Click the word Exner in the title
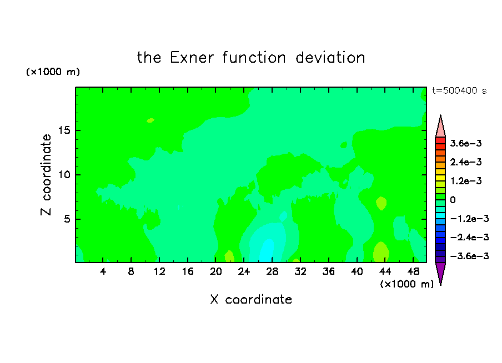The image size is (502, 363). pos(192,58)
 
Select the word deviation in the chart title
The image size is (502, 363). pos(330,58)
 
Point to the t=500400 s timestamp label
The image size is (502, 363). pos(459,90)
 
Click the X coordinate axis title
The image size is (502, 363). pos(251,299)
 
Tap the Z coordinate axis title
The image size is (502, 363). pos(46,175)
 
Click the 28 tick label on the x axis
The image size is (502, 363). pos(272,271)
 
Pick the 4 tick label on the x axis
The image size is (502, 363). pos(103,271)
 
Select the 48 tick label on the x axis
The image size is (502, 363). pos(413,271)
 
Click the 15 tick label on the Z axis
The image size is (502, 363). pos(64,130)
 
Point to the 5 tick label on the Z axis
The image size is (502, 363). pos(67,219)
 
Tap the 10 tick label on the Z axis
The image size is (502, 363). pos(64,175)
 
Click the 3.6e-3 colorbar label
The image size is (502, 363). pos(466,143)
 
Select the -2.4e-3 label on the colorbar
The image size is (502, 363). pos(469,237)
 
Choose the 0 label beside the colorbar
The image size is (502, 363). pos(453,200)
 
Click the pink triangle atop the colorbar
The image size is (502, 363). pos(440,126)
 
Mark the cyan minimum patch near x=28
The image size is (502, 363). pos(267,251)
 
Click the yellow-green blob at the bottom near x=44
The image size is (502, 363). pos(381,252)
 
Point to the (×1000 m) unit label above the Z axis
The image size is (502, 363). pos(53,72)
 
